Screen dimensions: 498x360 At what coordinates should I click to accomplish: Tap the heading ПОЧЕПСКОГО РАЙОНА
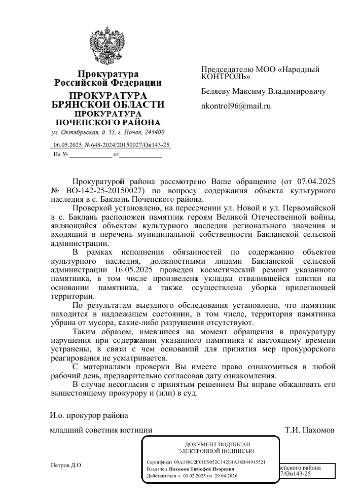pos(107,122)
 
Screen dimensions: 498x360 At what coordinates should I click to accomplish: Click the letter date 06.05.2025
pos(68,146)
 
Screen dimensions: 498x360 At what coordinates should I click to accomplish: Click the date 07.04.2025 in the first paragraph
pos(311,181)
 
